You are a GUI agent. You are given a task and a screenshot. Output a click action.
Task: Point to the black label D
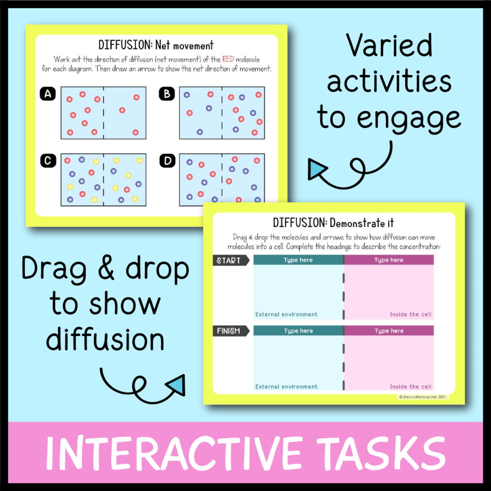(166, 161)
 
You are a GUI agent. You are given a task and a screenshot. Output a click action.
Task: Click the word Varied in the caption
(389, 47)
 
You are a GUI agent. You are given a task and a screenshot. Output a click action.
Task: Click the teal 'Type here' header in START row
(298, 260)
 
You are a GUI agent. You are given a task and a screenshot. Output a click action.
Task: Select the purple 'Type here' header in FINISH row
(388, 331)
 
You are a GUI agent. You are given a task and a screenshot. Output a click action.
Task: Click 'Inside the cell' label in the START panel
(410, 315)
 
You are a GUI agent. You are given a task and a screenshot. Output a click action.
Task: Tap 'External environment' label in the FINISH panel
(286, 386)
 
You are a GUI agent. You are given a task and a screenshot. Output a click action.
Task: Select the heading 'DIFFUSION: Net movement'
(156, 46)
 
